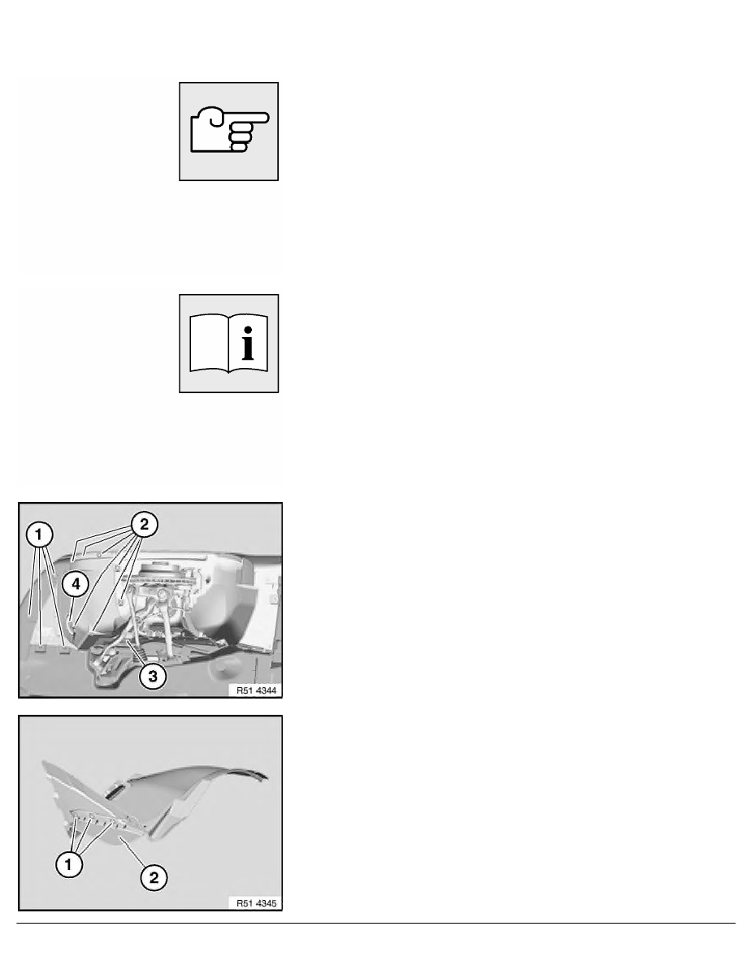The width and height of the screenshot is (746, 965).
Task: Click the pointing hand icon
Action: click(229, 131)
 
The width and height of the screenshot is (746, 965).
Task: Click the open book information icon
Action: click(228, 344)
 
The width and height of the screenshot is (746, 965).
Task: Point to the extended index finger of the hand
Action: click(249, 117)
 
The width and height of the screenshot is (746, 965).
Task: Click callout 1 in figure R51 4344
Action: click(39, 534)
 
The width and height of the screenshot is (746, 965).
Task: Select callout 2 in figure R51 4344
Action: click(144, 525)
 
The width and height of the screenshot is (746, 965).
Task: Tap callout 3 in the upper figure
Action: click(152, 676)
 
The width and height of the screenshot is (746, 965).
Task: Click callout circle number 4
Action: click(76, 583)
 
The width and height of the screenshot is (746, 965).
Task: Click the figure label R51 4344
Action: click(257, 690)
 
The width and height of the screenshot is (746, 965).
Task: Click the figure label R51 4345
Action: click(257, 902)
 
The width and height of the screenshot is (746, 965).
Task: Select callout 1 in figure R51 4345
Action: click(68, 864)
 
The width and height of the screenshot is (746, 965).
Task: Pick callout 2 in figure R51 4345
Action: click(154, 877)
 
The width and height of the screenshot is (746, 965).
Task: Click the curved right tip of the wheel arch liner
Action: click(265, 776)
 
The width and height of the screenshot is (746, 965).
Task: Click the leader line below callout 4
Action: click(72, 611)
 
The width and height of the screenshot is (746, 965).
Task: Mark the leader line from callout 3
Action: click(136, 651)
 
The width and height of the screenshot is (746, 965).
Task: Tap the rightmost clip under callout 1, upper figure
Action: click(64, 647)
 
